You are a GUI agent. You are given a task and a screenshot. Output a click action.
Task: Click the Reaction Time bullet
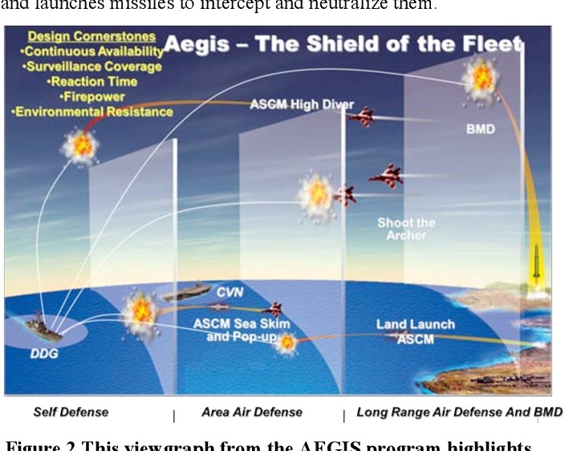click(x=92, y=81)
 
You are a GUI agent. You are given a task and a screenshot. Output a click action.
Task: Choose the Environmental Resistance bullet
click(x=92, y=112)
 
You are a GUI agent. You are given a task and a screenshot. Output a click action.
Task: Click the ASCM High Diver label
click(x=302, y=104)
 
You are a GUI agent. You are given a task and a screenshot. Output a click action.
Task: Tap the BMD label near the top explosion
click(x=481, y=128)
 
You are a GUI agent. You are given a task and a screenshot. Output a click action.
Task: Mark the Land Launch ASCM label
click(x=415, y=331)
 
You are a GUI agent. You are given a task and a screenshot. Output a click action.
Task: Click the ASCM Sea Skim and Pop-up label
click(x=242, y=330)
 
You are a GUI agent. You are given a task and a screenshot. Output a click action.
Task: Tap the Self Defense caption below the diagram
click(x=71, y=412)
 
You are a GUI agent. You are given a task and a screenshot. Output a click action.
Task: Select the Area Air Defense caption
click(x=251, y=412)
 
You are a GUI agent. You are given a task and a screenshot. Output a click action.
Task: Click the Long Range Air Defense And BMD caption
click(x=460, y=412)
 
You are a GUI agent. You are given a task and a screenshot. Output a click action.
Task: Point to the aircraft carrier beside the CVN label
click(x=187, y=292)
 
